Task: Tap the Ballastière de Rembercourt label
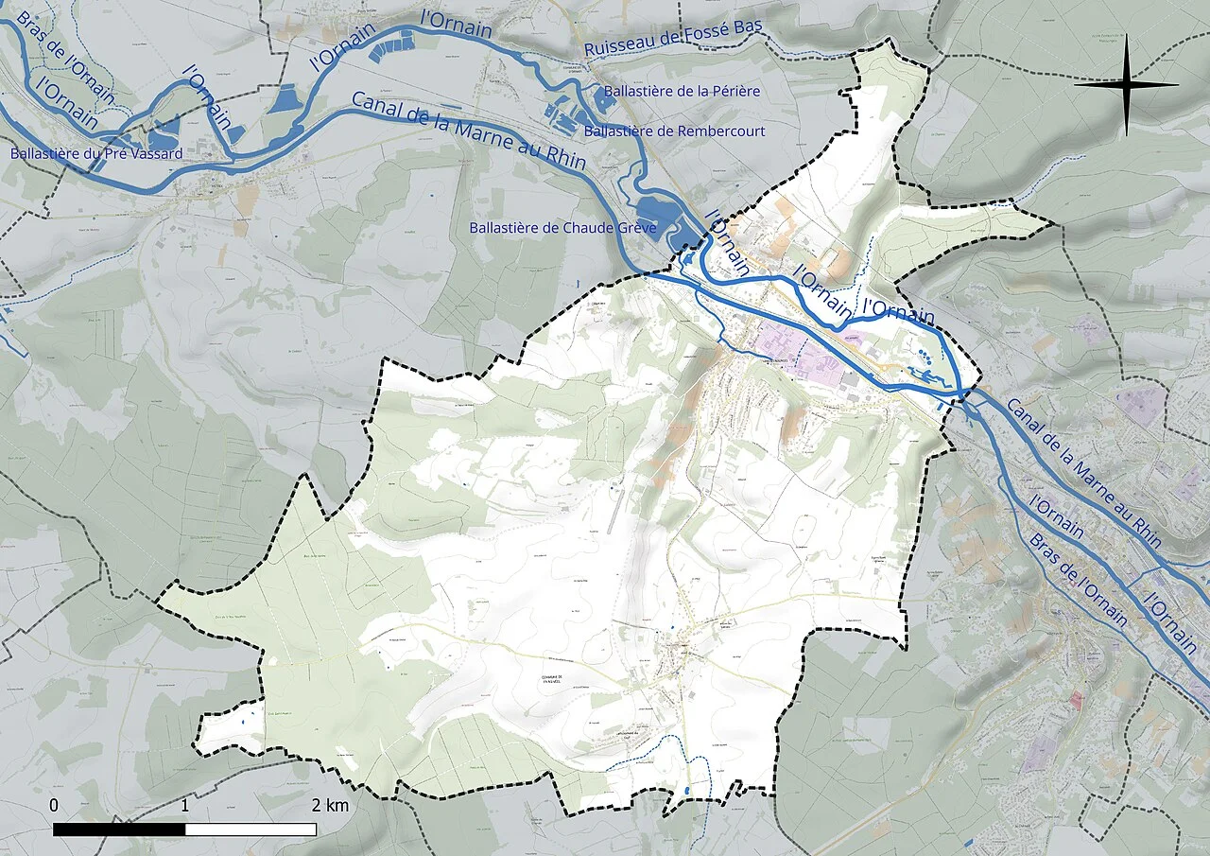(674, 131)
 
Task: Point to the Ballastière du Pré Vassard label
(95, 152)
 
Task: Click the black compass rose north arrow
(1126, 85)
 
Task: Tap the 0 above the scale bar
(54, 806)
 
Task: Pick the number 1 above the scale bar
(184, 806)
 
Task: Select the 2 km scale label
(330, 806)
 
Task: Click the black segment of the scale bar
(119, 830)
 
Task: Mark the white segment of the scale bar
(251, 830)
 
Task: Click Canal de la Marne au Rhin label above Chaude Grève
(468, 131)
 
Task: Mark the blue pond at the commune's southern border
(686, 789)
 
